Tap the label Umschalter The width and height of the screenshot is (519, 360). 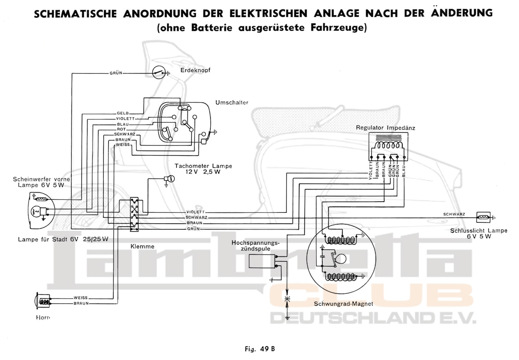[x=232, y=103]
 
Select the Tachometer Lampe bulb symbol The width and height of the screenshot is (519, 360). [x=169, y=179]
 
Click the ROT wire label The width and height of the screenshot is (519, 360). [x=121, y=129]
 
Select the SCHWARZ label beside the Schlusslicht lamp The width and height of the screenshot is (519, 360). [x=454, y=214]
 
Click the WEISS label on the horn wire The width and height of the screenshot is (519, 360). [x=81, y=298]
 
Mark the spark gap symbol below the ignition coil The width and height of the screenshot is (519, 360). [x=288, y=299]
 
